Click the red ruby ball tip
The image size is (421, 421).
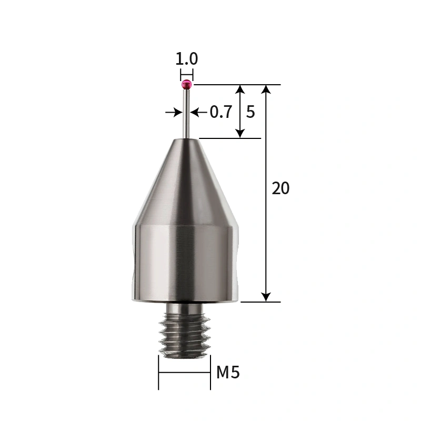coord(186,84)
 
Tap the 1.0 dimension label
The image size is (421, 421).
coord(186,58)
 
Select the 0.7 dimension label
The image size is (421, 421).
coord(220,112)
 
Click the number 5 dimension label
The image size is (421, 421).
coord(250,112)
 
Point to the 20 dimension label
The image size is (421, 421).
coord(280,188)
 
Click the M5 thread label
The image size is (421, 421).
coord(228,373)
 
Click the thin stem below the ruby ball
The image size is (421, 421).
coord(186,113)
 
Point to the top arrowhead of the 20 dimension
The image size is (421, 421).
coord(267,89)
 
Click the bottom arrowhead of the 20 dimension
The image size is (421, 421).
coord(267,297)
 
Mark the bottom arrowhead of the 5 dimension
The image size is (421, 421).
coord(240,133)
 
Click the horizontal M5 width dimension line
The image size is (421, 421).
coord(184,373)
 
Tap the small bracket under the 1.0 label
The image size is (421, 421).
coord(186,74)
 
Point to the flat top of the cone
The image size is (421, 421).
coord(186,138)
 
